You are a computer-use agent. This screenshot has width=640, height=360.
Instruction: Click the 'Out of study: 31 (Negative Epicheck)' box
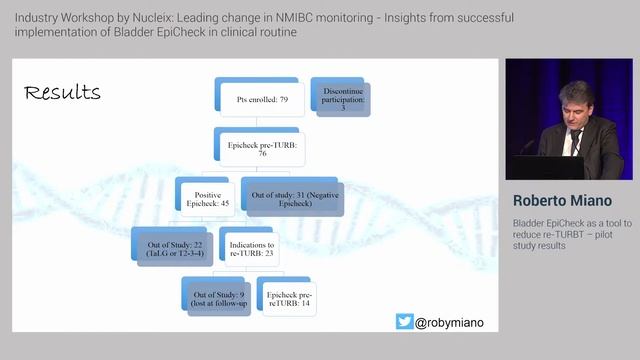[291, 196]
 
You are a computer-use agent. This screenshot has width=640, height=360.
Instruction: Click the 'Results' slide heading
[61, 92]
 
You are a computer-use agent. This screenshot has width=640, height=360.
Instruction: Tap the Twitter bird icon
[404, 322]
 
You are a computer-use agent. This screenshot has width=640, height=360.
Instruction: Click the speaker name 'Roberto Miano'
[563, 200]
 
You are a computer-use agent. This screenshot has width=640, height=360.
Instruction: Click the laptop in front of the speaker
[530, 166]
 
